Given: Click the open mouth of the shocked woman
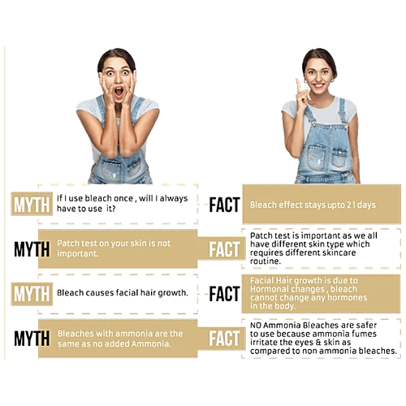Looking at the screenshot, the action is [119, 93].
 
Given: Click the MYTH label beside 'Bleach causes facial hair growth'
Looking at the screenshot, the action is [32, 294].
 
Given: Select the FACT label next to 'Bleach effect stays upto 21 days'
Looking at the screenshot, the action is [224, 205].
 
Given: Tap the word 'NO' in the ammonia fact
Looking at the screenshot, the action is [255, 325].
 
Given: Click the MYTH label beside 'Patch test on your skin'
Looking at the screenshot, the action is [32, 249].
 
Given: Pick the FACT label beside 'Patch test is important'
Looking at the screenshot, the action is [224, 249].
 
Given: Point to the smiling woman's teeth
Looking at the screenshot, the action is [318, 85].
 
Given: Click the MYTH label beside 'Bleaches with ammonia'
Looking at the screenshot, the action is [32, 339].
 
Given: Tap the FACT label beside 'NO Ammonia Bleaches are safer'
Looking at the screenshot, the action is [224, 339].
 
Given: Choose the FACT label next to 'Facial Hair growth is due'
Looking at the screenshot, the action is [224, 294].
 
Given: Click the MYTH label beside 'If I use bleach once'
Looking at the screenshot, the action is [32, 205].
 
